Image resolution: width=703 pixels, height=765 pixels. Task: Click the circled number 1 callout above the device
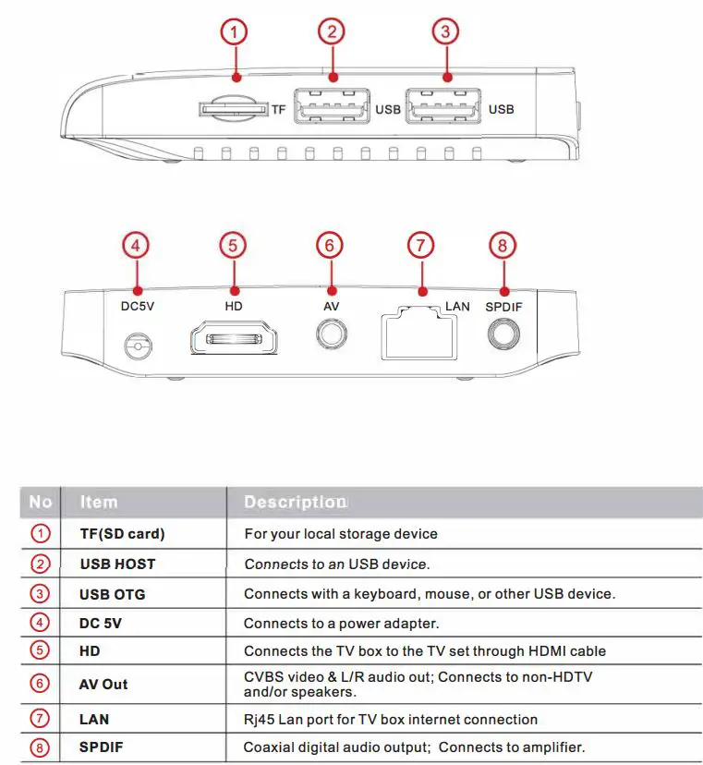[x=235, y=33]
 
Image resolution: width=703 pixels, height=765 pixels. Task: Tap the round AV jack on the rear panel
[x=330, y=334]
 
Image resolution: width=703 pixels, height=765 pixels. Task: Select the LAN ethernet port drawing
[x=418, y=334]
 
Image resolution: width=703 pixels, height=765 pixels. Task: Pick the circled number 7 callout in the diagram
[x=420, y=245]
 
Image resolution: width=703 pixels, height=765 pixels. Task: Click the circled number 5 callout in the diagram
[x=233, y=245]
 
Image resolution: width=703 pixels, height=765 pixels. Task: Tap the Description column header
[x=295, y=503]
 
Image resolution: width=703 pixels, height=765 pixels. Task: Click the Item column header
[x=99, y=503]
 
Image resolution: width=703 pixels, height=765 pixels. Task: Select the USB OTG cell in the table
[x=113, y=594]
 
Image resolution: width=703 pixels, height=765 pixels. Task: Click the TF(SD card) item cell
[x=123, y=534]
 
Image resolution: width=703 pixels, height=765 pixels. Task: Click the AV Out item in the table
[x=103, y=685]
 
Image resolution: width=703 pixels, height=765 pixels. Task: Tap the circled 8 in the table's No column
[x=41, y=747]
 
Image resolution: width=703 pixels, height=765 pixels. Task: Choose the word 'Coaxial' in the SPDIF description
[x=270, y=747]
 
